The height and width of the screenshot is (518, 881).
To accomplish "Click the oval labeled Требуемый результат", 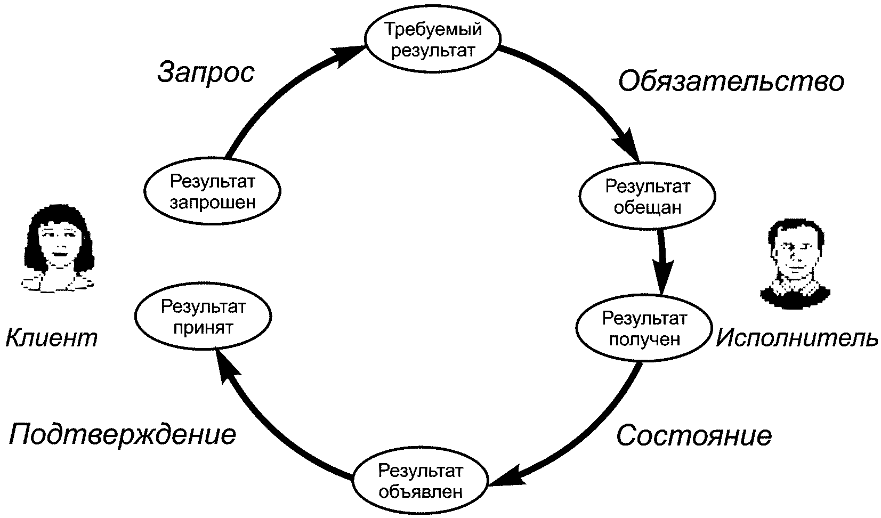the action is pyautogui.click(x=433, y=39).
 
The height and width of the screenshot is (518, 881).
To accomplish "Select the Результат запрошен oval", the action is pyautogui.click(x=212, y=191).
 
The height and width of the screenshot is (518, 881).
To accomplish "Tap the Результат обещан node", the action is pyautogui.click(x=648, y=196).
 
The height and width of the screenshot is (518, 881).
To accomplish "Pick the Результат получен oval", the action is pyautogui.click(x=644, y=328).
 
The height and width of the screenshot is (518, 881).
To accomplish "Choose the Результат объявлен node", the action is pyautogui.click(x=421, y=480).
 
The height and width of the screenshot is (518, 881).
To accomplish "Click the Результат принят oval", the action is pyautogui.click(x=204, y=316).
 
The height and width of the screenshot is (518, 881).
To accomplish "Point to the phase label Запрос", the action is pyautogui.click(x=206, y=73).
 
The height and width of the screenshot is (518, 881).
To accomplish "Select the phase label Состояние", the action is pyautogui.click(x=694, y=435).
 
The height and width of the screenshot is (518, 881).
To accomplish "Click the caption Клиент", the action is pyautogui.click(x=52, y=337).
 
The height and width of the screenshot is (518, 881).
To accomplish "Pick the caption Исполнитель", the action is pyautogui.click(x=796, y=337).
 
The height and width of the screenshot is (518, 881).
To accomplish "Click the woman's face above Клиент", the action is pyautogui.click(x=58, y=248).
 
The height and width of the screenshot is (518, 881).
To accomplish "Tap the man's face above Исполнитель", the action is pyautogui.click(x=795, y=263).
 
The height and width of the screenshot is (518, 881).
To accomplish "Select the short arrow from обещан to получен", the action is pyautogui.click(x=662, y=262).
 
